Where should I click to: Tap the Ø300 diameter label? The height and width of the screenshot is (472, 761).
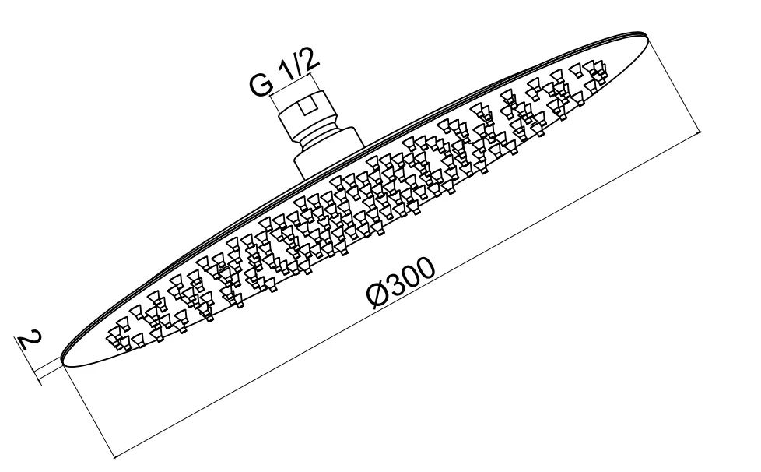(x=401, y=283)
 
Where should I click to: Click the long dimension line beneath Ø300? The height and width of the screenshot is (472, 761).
(x=409, y=294)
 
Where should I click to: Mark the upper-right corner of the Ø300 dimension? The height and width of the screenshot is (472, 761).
(x=702, y=131)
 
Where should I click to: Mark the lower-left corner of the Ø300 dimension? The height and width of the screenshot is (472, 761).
(x=115, y=456)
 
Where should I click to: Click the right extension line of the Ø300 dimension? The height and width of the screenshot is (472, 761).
(x=675, y=83)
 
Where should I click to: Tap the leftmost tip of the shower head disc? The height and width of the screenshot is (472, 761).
(x=61, y=359)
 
